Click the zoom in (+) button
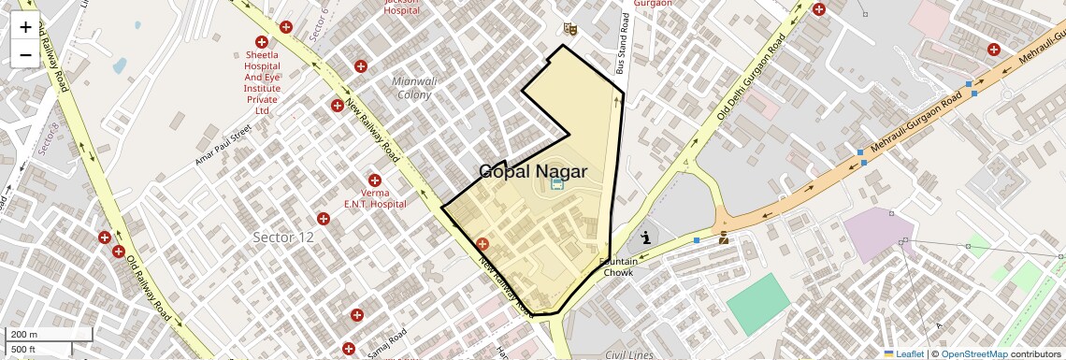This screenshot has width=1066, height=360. point(25,27)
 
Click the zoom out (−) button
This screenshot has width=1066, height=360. point(25,55)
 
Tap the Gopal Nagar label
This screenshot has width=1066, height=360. point(533,171)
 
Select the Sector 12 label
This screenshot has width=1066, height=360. point(283,238)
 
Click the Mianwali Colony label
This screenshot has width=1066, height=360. point(415,88)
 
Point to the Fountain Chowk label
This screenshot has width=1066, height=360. point(618,266)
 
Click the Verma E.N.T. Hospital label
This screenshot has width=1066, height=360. point(375,197)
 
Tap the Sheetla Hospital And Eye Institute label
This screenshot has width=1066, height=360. point(262,82)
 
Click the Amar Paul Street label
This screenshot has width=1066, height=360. point(224,146)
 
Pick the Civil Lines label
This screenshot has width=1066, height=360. point(628,354)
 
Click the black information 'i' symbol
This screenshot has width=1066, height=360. point(645,238)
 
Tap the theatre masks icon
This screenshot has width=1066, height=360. point(570,30)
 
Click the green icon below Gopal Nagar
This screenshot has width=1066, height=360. point(557,184)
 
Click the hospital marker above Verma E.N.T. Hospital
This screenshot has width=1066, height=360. point(375,180)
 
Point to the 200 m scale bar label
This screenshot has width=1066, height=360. point(24,334)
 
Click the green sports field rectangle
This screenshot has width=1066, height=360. point(758,304)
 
